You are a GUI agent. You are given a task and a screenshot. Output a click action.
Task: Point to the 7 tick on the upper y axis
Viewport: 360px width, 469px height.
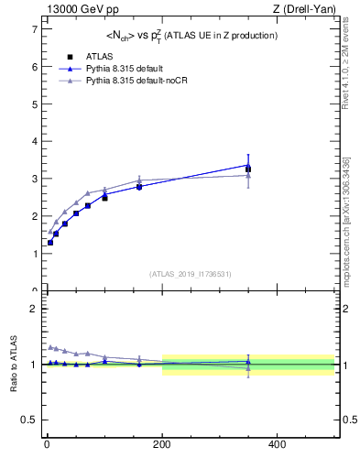click(33, 29)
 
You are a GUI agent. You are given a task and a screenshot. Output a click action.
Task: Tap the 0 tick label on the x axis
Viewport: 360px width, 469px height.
click(47, 443)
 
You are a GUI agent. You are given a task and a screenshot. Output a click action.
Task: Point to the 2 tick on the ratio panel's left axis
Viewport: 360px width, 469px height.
click(33, 309)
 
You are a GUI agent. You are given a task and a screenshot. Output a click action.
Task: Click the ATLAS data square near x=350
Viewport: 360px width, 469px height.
click(248, 169)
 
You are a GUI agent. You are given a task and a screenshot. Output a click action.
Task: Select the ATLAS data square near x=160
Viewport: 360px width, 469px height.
click(139, 186)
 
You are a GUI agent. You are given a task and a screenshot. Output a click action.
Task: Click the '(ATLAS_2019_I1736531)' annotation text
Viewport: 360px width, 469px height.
click(189, 274)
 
